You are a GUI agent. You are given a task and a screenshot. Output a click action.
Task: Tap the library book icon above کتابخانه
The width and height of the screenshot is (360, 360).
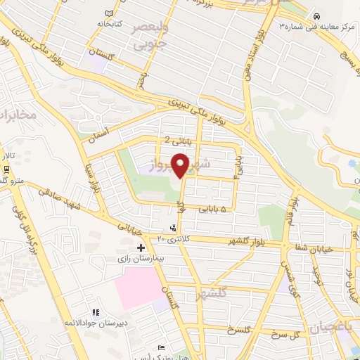pyautogui.click(x=108, y=13)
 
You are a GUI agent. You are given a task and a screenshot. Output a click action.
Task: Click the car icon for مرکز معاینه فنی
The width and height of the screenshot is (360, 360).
pyautogui.click(x=318, y=16)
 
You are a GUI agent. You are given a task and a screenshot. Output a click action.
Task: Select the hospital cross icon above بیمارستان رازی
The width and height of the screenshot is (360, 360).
pyautogui.click(x=141, y=247)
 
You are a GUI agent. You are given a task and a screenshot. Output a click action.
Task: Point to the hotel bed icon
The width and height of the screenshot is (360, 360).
pyautogui.click(x=162, y=348)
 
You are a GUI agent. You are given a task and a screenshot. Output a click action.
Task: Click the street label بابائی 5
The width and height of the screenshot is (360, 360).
pyautogui.click(x=213, y=210)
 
